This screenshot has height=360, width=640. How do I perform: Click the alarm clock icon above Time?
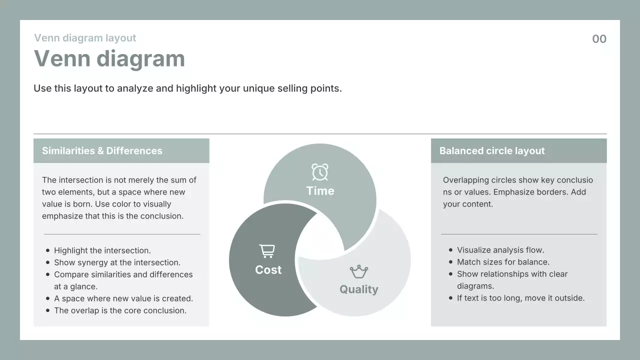(x=319, y=172)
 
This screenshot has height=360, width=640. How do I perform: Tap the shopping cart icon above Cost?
(x=267, y=251)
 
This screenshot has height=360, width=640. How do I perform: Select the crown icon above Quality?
(x=359, y=271)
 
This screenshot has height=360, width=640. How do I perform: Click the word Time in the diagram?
(x=320, y=191)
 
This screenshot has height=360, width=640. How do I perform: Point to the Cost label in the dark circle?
(x=268, y=269)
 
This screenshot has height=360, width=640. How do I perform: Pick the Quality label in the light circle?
(x=359, y=289)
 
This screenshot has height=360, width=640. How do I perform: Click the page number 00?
(x=599, y=39)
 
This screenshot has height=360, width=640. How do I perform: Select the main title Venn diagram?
(x=109, y=59)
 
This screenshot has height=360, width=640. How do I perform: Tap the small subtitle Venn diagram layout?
(x=85, y=38)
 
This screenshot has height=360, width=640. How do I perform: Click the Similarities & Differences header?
(x=102, y=150)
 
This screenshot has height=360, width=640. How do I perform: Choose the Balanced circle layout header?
(x=492, y=150)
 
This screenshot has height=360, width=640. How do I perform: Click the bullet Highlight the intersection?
(x=102, y=250)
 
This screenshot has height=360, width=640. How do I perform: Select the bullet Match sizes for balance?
(x=503, y=261)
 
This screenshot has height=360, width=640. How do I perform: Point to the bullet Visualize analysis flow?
(x=500, y=249)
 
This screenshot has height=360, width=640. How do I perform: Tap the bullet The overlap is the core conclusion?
(x=120, y=310)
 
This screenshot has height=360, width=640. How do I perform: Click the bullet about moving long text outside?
(x=521, y=297)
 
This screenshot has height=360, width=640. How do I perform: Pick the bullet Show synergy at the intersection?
(x=117, y=262)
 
